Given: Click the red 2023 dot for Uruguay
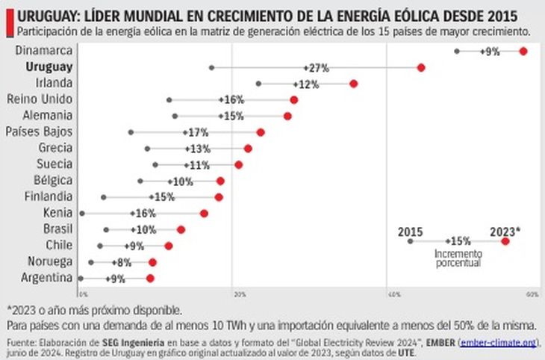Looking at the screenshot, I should (x=421, y=67).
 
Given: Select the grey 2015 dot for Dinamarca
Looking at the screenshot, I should (x=457, y=51).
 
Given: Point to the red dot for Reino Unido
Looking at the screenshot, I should (x=293, y=99).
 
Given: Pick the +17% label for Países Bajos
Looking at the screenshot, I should (x=196, y=132).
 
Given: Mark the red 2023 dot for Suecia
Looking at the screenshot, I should (x=238, y=164).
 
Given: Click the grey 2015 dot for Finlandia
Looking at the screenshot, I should (x=104, y=197).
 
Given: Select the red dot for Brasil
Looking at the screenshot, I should (x=181, y=229).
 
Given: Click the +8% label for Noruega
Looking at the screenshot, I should (x=122, y=262).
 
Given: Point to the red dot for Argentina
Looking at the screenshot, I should (x=150, y=278).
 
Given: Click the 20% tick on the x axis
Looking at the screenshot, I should (x=239, y=296).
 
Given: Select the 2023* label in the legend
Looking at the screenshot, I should (x=505, y=232).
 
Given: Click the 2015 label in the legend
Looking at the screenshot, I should (x=411, y=232).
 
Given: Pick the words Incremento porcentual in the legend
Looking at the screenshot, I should (x=458, y=258).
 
